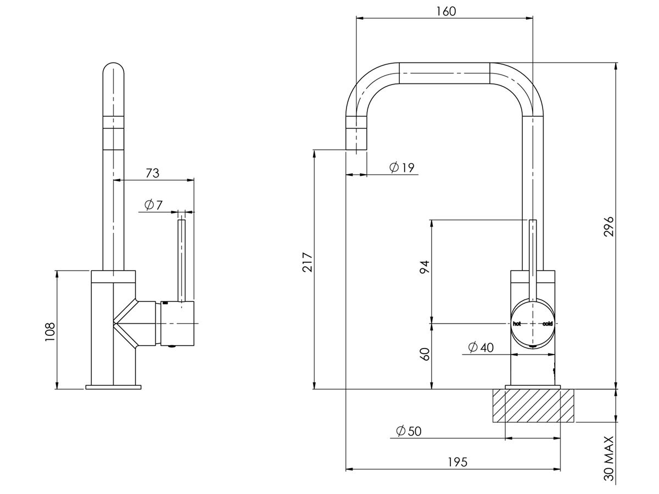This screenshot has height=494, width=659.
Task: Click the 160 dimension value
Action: pos(445,11)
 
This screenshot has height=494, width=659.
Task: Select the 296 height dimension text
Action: pos(608,226)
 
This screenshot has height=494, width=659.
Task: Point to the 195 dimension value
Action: pos(457,462)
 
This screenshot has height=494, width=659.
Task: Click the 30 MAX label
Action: pos(608,458)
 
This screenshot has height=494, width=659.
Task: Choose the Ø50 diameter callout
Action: pos(408,431)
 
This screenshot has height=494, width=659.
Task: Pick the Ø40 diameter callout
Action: pos(481,347)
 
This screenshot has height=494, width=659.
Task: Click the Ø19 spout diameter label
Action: pos(401,167)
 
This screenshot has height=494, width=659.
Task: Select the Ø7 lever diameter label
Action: pos(154,205)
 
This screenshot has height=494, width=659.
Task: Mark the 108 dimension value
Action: pos(50,332)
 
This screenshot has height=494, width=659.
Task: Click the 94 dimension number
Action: pos(424,267)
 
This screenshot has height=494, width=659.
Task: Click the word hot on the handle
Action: pos(517,324)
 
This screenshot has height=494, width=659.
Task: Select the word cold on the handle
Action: pos(548,324)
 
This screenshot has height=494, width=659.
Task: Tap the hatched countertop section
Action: pos(533,406)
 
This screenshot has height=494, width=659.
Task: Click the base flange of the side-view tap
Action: pos(113,388)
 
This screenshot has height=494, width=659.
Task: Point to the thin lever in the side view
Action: pos(182,258)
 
